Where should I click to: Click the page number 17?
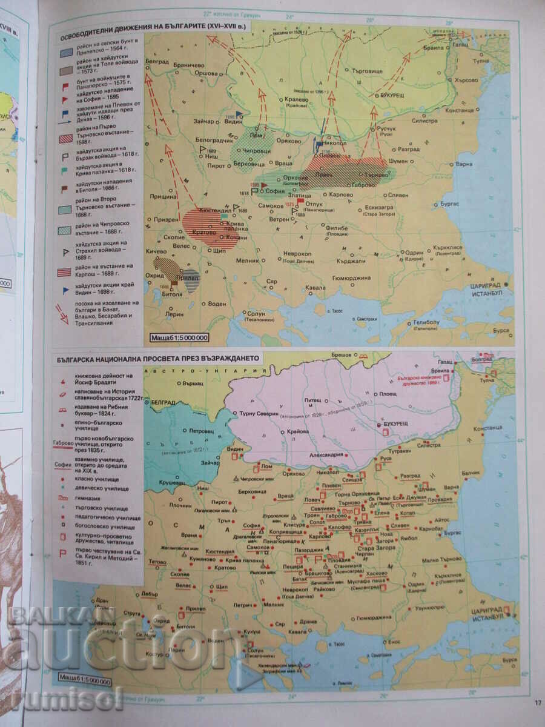(x=538, y=703)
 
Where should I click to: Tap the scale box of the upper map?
(x=182, y=338)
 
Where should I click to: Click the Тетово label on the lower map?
(x=157, y=562)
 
